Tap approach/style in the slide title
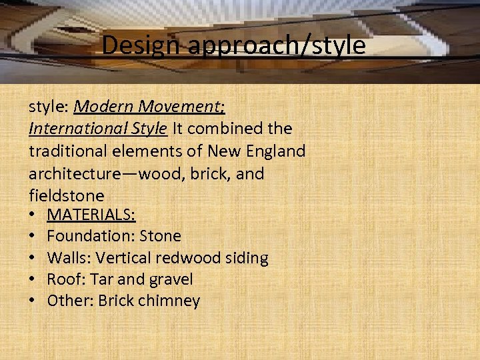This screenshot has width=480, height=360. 277,46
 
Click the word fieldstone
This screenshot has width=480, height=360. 67,195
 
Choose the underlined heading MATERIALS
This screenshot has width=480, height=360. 91,215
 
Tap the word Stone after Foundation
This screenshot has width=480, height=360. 161,236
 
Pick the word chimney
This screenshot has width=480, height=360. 167,301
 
